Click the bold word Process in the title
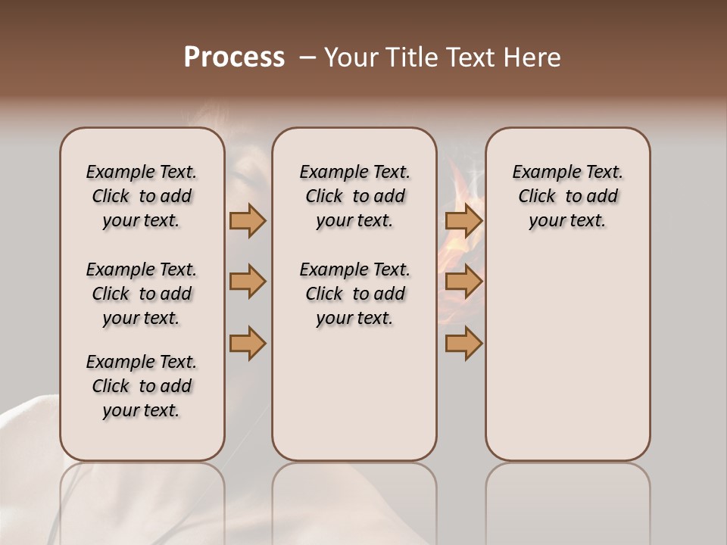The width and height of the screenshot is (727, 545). click(234, 58)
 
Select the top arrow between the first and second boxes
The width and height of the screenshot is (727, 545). click(248, 220)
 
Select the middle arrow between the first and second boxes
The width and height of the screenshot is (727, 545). click(248, 282)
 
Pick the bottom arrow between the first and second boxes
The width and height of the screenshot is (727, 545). click(248, 343)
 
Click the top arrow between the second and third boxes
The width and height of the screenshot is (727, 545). click(463, 220)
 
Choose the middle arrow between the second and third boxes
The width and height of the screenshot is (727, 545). click(463, 282)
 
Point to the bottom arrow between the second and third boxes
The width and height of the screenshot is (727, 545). click(463, 343)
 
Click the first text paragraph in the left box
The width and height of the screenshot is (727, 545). click(142, 196)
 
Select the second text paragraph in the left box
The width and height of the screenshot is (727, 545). click(142, 294)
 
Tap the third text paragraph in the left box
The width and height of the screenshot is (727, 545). click(142, 386)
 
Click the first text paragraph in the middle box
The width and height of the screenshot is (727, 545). click(354, 196)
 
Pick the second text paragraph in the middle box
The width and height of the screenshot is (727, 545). click(354, 294)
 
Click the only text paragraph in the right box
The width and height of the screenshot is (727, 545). click(567, 196)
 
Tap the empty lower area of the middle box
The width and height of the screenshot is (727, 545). click(354, 394)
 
